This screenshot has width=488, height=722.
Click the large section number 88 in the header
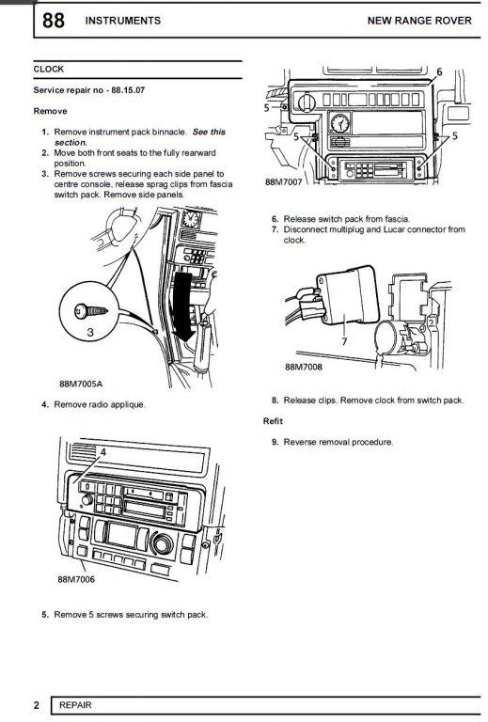(54, 21)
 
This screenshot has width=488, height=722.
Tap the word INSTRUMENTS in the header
(123, 21)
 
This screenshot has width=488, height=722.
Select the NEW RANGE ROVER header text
(419, 21)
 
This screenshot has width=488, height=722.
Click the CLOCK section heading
(48, 69)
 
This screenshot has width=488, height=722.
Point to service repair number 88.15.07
(128, 90)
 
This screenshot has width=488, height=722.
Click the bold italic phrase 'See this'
(209, 132)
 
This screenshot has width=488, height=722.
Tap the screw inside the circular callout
(91, 311)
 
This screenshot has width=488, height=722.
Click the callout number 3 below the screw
(90, 332)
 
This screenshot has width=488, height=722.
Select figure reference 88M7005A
(81, 384)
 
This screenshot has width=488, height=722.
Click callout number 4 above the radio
(103, 452)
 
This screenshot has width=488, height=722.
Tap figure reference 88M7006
(76, 579)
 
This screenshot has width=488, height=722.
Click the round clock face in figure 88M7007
(340, 123)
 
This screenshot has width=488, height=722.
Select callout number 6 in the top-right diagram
(439, 71)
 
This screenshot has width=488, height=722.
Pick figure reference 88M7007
(284, 181)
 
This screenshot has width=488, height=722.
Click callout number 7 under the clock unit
(344, 341)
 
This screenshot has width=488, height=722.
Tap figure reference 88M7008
(304, 367)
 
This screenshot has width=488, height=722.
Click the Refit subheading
(273, 421)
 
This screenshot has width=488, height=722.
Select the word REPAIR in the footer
(75, 705)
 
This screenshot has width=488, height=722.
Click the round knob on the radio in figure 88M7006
(87, 500)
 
